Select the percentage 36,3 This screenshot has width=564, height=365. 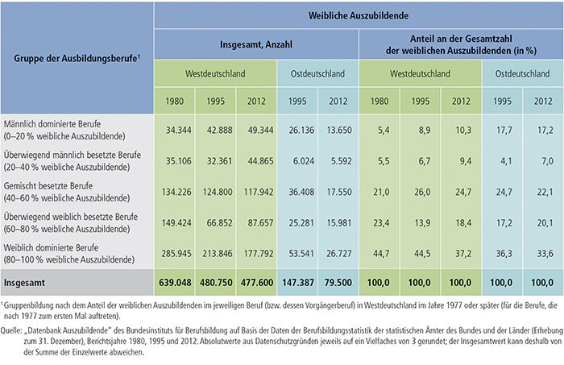[502, 254]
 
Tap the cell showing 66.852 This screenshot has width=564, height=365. [216, 222]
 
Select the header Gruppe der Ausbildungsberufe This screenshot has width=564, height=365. [76, 60]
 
